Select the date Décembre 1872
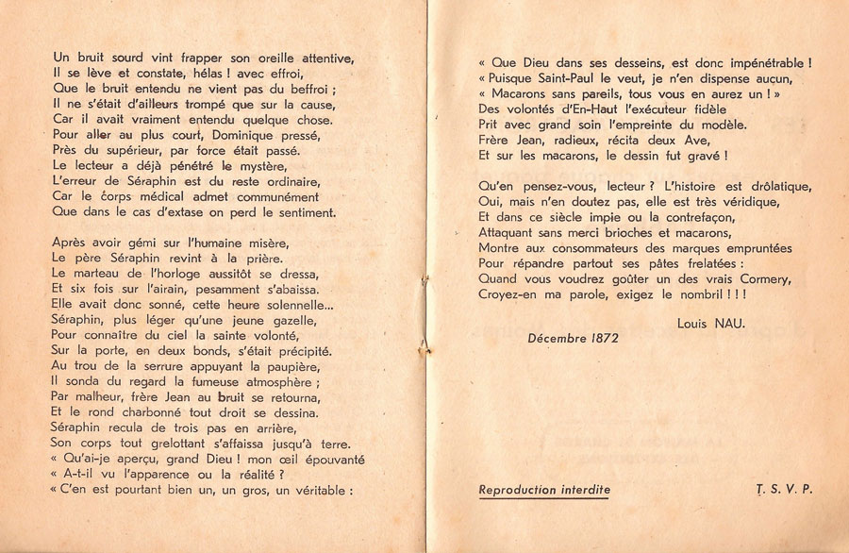(573, 338)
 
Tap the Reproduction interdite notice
(544, 489)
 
